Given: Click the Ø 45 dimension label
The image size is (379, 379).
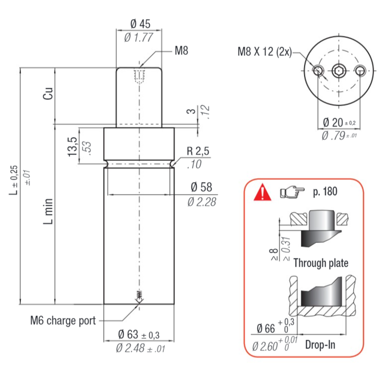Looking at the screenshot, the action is click(x=140, y=24).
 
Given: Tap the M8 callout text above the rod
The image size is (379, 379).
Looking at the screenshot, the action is click(x=181, y=51).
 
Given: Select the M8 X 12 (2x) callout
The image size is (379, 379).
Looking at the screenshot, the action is click(x=265, y=52).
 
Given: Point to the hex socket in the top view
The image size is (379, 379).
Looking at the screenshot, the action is click(x=339, y=71).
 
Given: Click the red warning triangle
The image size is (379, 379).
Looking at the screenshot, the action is click(x=263, y=192).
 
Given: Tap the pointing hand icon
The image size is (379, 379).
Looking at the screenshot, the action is click(x=292, y=192).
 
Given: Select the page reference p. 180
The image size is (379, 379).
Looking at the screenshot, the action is click(x=325, y=192).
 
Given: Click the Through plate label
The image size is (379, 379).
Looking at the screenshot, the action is click(x=321, y=263).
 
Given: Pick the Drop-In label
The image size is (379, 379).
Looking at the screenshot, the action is click(x=320, y=345).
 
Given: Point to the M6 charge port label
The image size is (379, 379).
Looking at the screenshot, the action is click(x=63, y=321).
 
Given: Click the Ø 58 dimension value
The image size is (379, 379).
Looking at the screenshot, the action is click(x=201, y=187).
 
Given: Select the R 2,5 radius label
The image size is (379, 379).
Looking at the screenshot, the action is click(x=198, y=151).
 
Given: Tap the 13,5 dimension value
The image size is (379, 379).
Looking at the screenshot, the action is click(x=72, y=147).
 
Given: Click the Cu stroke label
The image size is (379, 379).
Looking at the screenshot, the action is click(x=48, y=93).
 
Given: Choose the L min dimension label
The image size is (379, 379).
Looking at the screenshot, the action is click(x=48, y=211).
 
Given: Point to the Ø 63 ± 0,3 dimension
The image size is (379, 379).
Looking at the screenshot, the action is click(x=139, y=334).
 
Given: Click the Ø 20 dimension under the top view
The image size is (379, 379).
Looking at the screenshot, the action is click(x=339, y=123).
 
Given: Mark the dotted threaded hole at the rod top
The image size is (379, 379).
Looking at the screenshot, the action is click(x=139, y=76).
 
